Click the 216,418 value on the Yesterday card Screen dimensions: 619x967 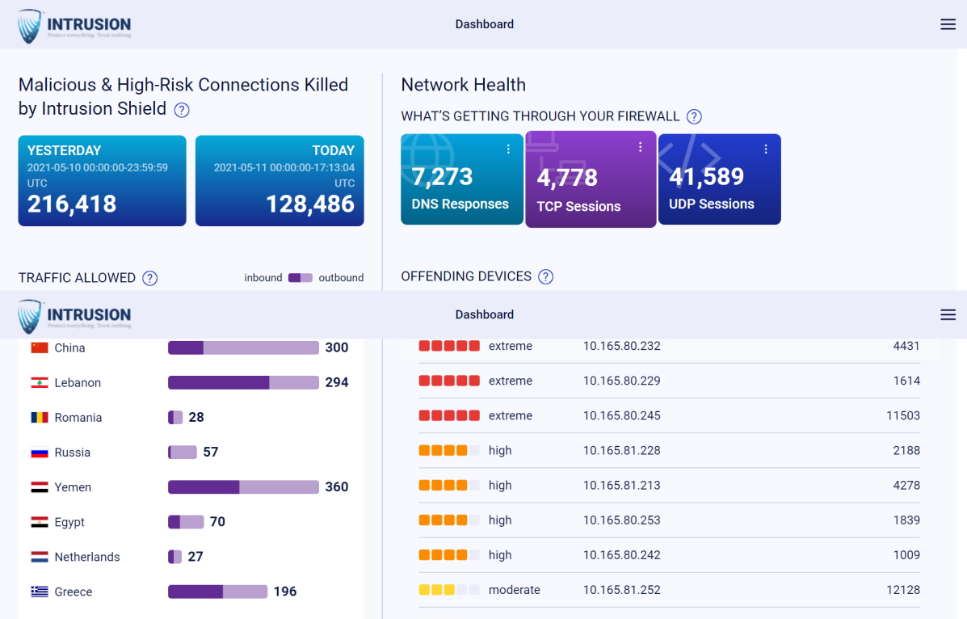coord(72,204)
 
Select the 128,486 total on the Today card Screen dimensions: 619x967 coord(310,204)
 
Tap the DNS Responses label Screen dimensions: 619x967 coord(460,204)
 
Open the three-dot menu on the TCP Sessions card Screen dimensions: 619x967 coord(640,147)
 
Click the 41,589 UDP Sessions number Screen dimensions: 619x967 coord(706,176)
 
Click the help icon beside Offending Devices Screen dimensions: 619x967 coord(546,277)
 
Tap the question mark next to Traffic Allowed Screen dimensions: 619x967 coord(149,278)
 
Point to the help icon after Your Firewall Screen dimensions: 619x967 coord(694,116)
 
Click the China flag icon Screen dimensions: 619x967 coord(40,347)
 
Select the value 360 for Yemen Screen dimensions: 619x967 coord(336,486)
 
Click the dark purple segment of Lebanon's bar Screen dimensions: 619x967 coord(218,382)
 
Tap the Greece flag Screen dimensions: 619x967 coord(40,592)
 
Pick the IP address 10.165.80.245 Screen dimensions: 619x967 coord(621,415)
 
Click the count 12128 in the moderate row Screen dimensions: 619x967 coord(902,590)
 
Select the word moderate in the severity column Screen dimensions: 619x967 coord(514,590)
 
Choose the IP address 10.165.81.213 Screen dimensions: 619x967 coord(621,485)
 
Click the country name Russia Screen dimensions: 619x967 coord(73,453)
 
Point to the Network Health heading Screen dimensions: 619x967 coord(463,85)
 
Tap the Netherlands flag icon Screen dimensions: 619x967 coord(40,557)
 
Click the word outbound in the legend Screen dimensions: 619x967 coord(341,277)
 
